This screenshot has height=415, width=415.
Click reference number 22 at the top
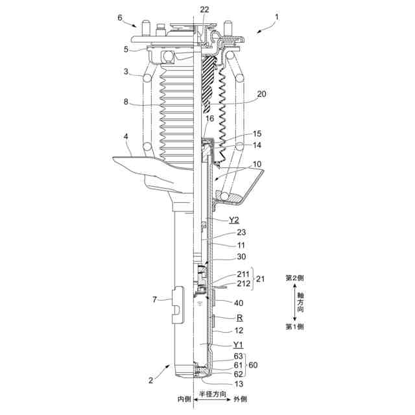(205, 9)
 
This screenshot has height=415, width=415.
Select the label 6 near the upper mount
(119, 18)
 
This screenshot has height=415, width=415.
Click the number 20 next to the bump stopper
(261, 93)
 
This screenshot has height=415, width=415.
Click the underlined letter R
(240, 318)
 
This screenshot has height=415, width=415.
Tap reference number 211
(242, 274)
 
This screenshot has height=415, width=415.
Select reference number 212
(242, 283)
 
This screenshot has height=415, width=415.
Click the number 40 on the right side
(239, 303)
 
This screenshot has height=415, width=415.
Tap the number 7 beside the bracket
(154, 299)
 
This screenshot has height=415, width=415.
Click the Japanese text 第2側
(295, 278)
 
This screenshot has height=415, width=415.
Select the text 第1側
(295, 326)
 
